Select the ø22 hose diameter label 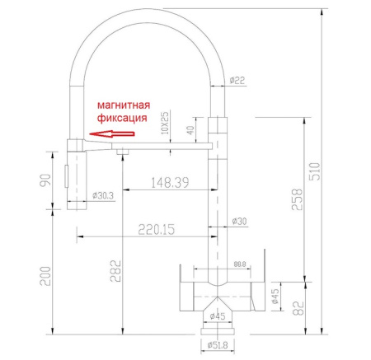(x=237, y=80)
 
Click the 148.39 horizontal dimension (x=171, y=181)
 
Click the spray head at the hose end (x=75, y=173)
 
